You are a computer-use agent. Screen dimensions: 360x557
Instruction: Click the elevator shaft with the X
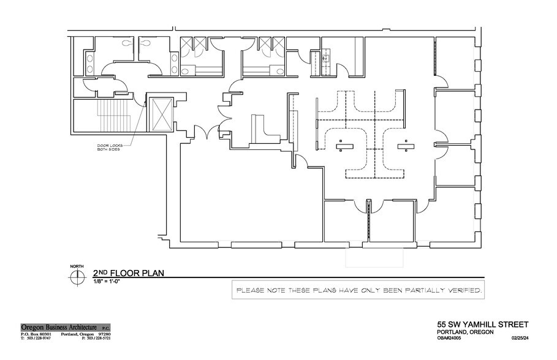pyautogui.click(x=162, y=114)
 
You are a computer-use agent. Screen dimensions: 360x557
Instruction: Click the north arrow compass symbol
pyautogui.click(x=77, y=277)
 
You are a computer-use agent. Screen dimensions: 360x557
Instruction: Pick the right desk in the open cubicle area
pyautogui.click(x=403, y=145)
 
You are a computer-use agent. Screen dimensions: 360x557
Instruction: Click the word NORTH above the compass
pyautogui.click(x=77, y=266)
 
